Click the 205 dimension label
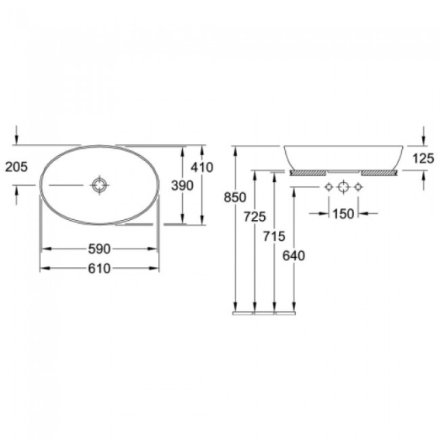pos(16,167)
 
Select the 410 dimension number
pos(202,167)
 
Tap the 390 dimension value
pos(182,185)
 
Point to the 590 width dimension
pos(99,249)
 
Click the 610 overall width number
pos(99,269)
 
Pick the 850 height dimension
pos(235,198)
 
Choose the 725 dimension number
pos(255,217)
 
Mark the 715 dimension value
pos(274,236)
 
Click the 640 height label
pos(294,256)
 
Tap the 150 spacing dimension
pos(343,214)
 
